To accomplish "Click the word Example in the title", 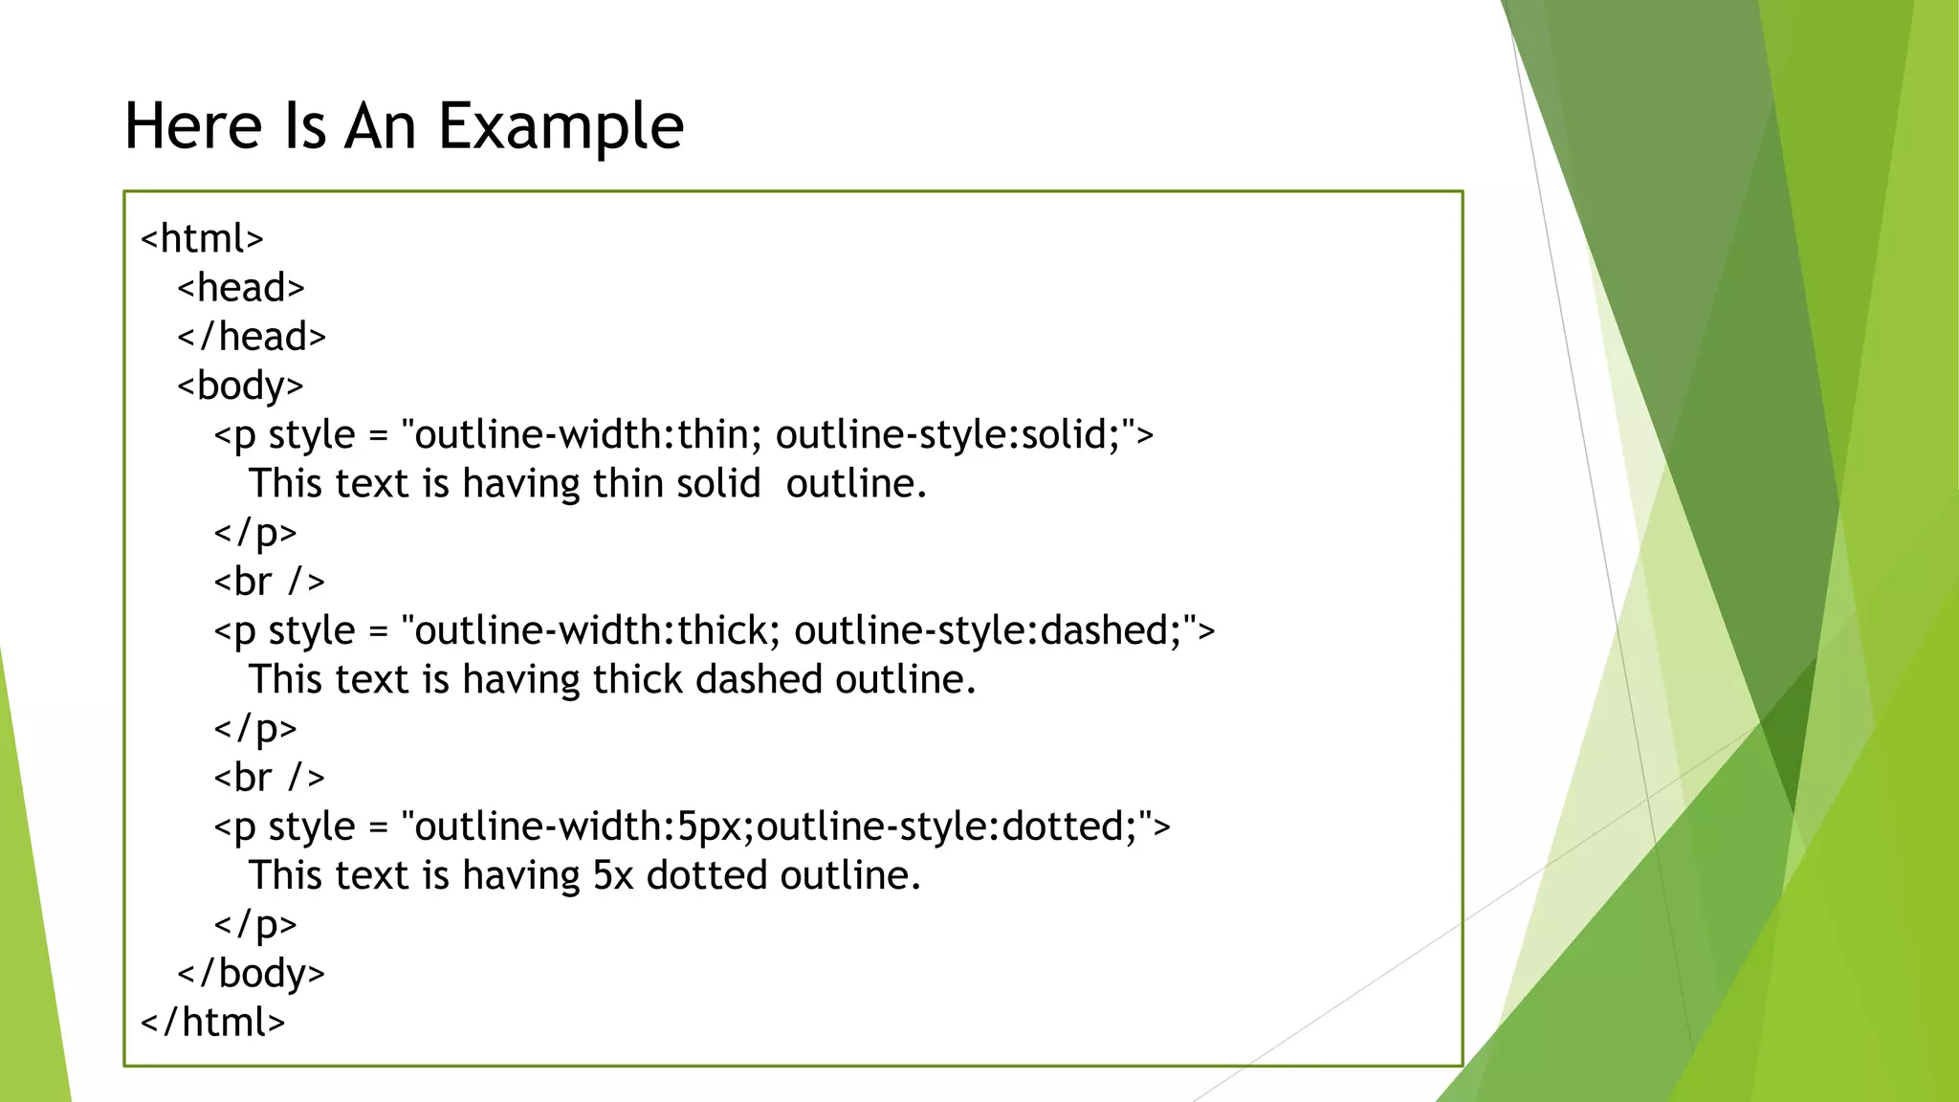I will coord(561,127).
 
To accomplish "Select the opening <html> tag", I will coord(202,239).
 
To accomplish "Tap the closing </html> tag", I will coord(212,1023).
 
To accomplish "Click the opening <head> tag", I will coord(241,288).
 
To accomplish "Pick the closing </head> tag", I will coord(252,337).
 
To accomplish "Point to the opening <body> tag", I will coord(240,386).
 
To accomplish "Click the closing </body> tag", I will coord(251,974).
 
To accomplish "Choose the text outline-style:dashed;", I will coord(995,631).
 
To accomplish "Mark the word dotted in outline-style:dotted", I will coord(1062,827).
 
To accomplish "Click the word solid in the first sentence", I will coord(717,484).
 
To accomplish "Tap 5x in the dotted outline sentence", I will coord(613,876).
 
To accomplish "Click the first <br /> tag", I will coord(269,582).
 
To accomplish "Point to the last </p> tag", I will coord(255,925).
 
